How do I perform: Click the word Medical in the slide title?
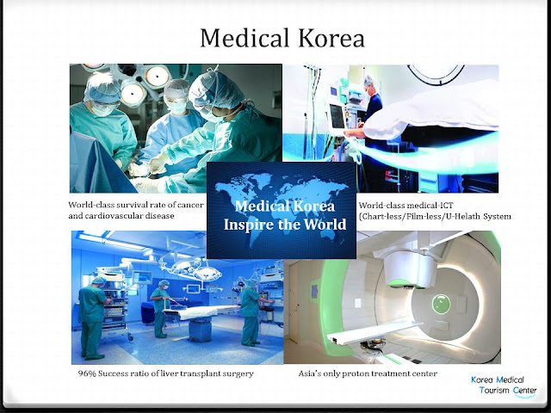[242, 38]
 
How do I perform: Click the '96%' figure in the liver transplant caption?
[87, 375]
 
